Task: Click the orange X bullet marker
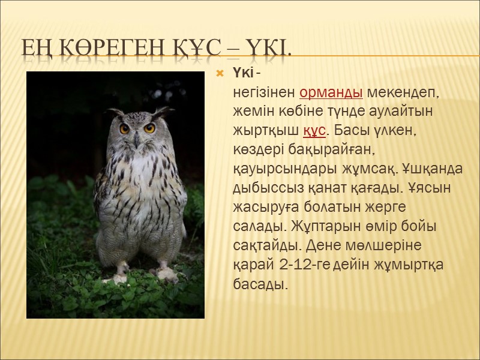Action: point(220,74)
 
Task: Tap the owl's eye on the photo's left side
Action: point(125,128)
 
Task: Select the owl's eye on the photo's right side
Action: point(149,128)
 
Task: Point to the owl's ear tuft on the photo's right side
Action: point(162,112)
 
